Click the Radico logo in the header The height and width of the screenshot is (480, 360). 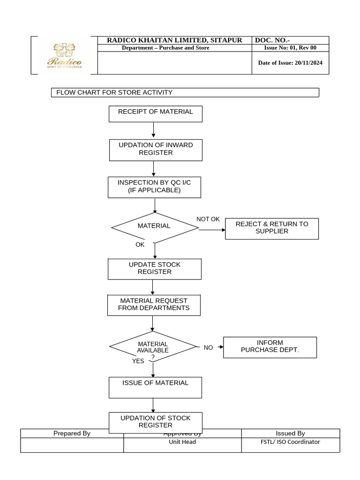[x=64, y=56]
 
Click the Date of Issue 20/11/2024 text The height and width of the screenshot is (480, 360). [x=290, y=63]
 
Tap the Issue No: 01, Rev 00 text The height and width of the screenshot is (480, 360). [x=290, y=48]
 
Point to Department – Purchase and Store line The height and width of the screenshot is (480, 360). [x=165, y=48]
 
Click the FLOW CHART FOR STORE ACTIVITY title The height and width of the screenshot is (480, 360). [x=114, y=92]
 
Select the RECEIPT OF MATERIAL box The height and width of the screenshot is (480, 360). [x=155, y=113]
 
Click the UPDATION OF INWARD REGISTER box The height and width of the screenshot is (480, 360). [x=155, y=149]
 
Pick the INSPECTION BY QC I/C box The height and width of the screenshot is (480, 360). [x=154, y=187]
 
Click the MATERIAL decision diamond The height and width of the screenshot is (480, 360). [x=154, y=227]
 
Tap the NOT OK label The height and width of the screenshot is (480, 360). [x=208, y=219]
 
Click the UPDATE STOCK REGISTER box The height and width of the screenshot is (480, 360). [x=154, y=268]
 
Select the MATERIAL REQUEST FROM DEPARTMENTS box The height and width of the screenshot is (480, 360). [x=154, y=305]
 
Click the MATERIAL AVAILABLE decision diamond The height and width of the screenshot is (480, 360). [x=152, y=347]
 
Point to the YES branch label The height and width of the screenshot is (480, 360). [x=138, y=361]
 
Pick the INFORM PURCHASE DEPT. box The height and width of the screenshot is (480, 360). [x=270, y=347]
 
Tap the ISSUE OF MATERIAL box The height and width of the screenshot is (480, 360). [x=155, y=387]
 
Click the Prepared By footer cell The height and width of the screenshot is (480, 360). [x=72, y=433]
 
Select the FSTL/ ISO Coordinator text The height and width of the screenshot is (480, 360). [x=290, y=442]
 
